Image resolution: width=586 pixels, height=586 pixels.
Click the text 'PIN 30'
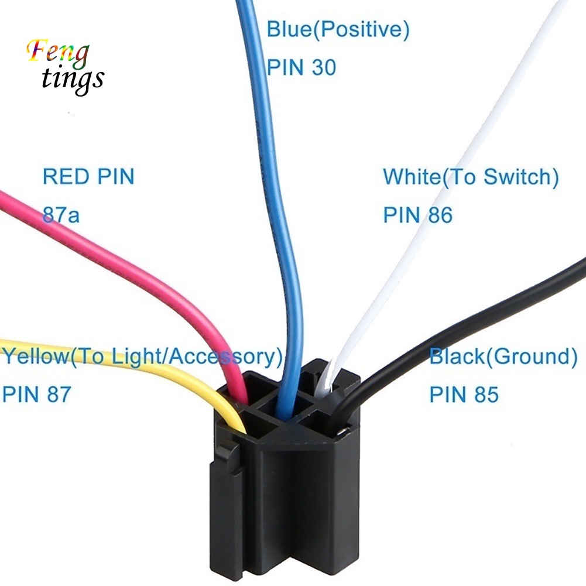coord(301,67)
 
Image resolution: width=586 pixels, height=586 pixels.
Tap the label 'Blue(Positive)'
coord(338,29)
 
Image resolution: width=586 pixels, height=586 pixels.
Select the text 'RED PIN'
coord(88,176)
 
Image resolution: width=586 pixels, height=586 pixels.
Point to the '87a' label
coord(60,215)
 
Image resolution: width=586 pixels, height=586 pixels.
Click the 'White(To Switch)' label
coord(471,176)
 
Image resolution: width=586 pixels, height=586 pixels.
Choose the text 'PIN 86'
coord(417,215)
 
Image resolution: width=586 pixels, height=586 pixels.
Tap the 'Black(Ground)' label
coord(503,356)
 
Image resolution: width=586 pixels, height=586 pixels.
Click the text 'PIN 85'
coord(464,394)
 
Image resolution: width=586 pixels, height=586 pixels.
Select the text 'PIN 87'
coord(36,394)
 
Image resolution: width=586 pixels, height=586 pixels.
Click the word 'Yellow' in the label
coord(35,356)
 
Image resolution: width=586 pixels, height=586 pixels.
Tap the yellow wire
coord(117,357)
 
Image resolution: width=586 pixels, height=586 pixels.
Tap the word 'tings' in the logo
coord(73,79)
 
